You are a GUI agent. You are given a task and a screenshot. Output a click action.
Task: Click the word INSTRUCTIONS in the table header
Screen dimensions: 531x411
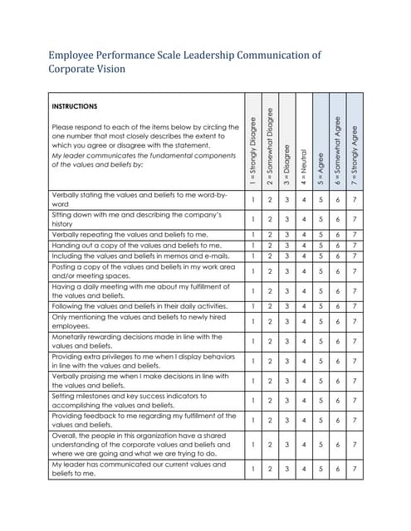[x=75, y=106]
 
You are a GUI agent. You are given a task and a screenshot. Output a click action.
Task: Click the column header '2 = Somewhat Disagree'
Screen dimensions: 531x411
[x=270, y=144]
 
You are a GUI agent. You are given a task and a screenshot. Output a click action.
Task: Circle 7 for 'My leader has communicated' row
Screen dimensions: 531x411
[x=354, y=469]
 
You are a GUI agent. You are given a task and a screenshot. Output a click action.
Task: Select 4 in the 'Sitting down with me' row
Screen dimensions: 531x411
[x=303, y=219]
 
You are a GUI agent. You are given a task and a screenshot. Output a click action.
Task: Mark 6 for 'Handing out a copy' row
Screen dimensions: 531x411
[x=337, y=245]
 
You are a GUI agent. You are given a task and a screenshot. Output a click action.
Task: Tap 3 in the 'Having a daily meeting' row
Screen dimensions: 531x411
[x=286, y=291]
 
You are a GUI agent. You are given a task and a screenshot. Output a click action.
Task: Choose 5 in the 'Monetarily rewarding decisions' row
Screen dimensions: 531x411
[x=320, y=341]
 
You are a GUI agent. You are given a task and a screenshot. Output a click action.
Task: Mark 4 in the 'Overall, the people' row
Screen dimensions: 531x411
[x=303, y=445]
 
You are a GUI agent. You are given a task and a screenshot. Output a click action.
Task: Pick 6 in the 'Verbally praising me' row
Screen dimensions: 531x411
[x=337, y=381]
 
